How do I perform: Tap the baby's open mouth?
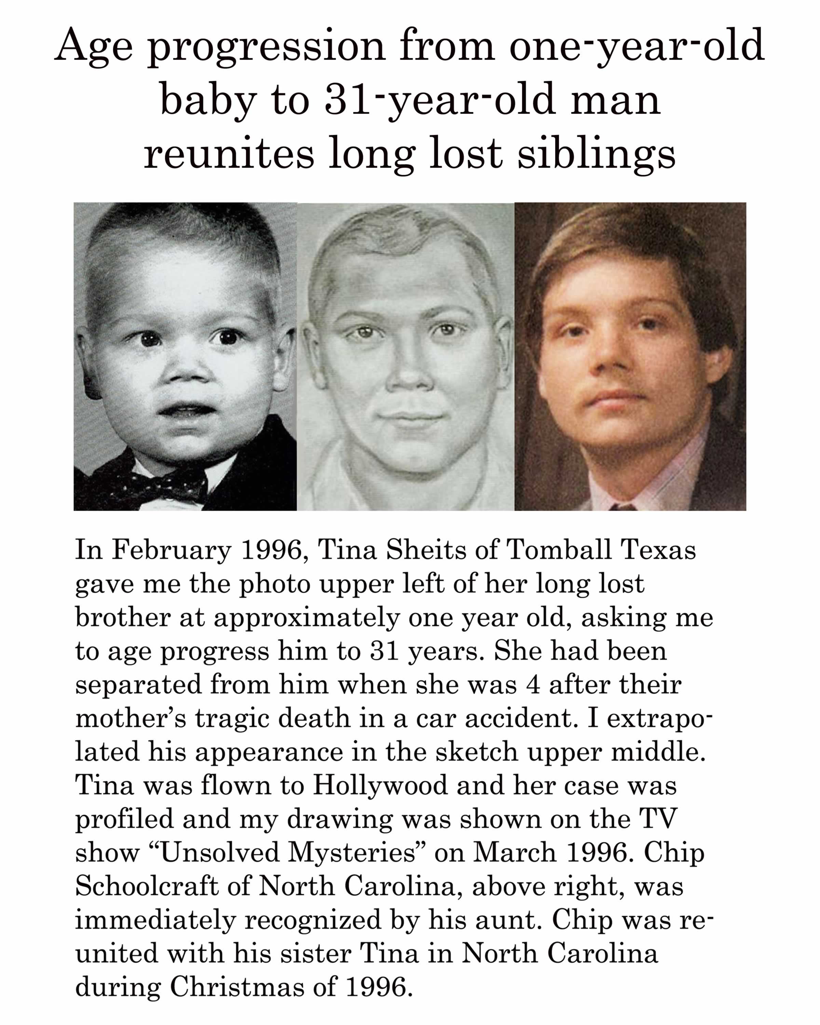[x=186, y=409]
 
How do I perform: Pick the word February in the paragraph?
[x=172, y=550]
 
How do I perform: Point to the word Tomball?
[x=559, y=550]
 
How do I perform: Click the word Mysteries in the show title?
[x=352, y=852]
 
